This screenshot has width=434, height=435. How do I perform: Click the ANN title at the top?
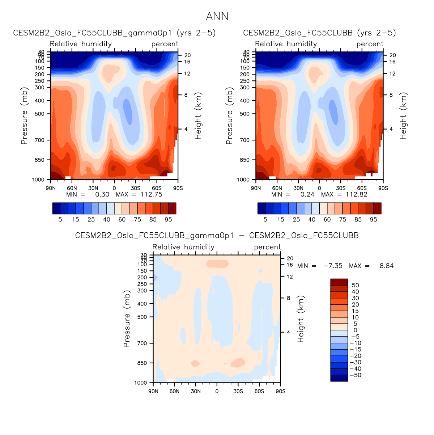(x=217, y=16)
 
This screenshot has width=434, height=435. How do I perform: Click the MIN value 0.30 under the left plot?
(x=102, y=194)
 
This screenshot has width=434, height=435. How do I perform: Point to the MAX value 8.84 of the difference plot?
(x=386, y=266)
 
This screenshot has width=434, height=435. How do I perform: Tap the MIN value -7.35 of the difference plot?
(x=333, y=266)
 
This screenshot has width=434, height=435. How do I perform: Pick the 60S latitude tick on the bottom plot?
(x=259, y=391)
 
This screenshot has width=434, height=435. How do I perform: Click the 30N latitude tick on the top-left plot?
(x=93, y=188)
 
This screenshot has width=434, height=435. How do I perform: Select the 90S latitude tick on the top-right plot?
(x=383, y=188)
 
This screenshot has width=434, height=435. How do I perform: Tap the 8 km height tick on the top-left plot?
(x=186, y=95)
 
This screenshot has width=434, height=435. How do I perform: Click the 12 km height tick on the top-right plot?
(x=392, y=74)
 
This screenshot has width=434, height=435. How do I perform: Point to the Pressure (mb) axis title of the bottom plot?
(x=127, y=319)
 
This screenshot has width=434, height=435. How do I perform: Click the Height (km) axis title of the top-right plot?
(x=404, y=116)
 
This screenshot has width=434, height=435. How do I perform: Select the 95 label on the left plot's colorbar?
(x=168, y=219)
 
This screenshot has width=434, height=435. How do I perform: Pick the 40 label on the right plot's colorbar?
(x=312, y=219)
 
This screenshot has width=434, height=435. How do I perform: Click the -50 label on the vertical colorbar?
(x=356, y=375)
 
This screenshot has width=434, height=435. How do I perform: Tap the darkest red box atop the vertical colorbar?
(x=339, y=282)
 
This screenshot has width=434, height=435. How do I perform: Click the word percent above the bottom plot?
(x=267, y=247)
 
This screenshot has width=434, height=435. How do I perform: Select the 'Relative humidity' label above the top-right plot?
(x=286, y=44)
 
